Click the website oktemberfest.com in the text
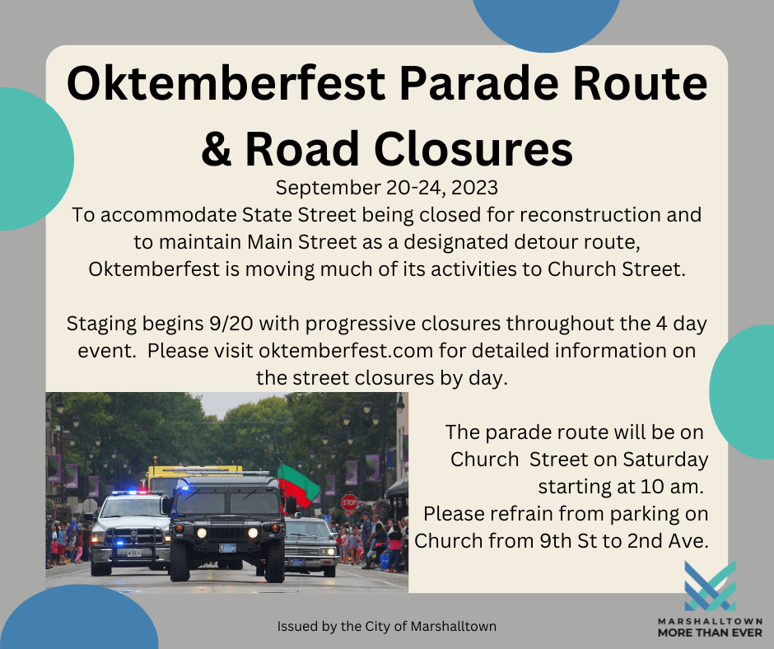(x=347, y=350)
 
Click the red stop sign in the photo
(x=349, y=502)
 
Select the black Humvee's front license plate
(x=228, y=548)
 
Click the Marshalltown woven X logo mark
(x=709, y=586)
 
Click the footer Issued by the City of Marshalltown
(x=386, y=627)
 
